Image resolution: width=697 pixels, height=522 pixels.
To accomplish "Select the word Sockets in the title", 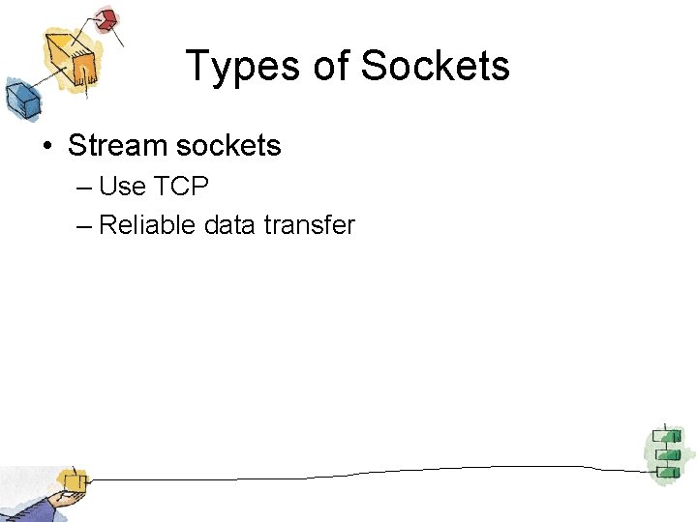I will point(435,67).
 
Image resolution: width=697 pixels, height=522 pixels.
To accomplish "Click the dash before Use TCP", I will point(82,187).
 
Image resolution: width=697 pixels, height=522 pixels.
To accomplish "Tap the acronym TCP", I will point(180,186).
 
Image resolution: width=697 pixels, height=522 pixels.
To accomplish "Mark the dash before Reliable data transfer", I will point(82,226).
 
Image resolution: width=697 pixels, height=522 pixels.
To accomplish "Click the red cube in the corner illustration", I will point(107,19).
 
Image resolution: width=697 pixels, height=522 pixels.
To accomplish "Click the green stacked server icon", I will point(665,452).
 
